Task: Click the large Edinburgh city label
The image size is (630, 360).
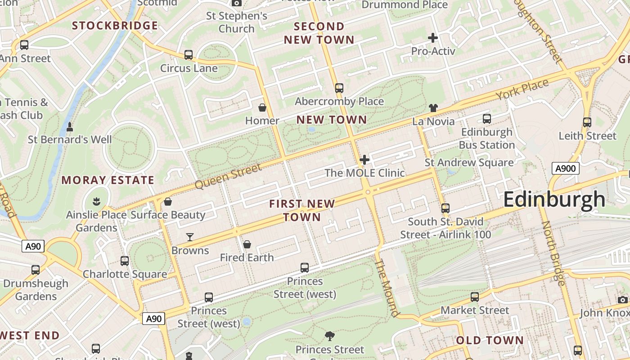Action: [x=554, y=199]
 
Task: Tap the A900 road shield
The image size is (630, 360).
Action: [x=565, y=169]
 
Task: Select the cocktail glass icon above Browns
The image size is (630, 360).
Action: [x=190, y=237]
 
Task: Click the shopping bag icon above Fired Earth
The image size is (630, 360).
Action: [x=247, y=244]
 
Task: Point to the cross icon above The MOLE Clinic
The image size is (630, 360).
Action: [x=364, y=159]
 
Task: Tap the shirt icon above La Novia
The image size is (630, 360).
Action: [x=433, y=108]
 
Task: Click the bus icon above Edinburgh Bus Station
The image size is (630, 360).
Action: [x=486, y=119]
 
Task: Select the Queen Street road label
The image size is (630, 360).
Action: [x=228, y=176]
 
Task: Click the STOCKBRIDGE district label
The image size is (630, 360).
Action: [x=115, y=26]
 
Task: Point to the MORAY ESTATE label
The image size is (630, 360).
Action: [x=108, y=180]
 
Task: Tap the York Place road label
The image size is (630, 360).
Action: [x=522, y=90]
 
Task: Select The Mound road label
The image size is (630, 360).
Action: [x=387, y=288]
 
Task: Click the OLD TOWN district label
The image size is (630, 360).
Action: [x=490, y=340]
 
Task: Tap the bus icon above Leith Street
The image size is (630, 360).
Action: [x=587, y=122]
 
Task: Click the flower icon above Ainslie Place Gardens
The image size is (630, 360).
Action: [x=96, y=201]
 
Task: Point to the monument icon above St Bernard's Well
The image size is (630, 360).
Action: [x=70, y=127]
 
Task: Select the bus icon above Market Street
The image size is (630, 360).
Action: [x=475, y=297]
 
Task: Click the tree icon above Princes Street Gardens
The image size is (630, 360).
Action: [x=330, y=336]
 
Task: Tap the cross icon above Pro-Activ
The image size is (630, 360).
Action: [x=433, y=38]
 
